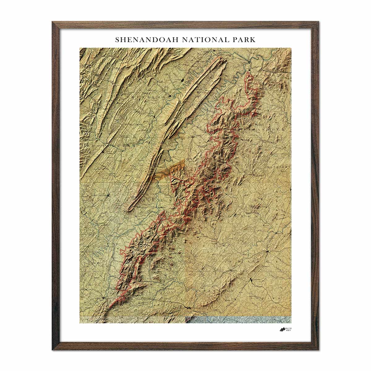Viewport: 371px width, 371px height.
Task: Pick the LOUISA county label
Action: (272, 298)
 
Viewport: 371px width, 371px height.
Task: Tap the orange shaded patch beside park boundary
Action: (173, 168)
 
